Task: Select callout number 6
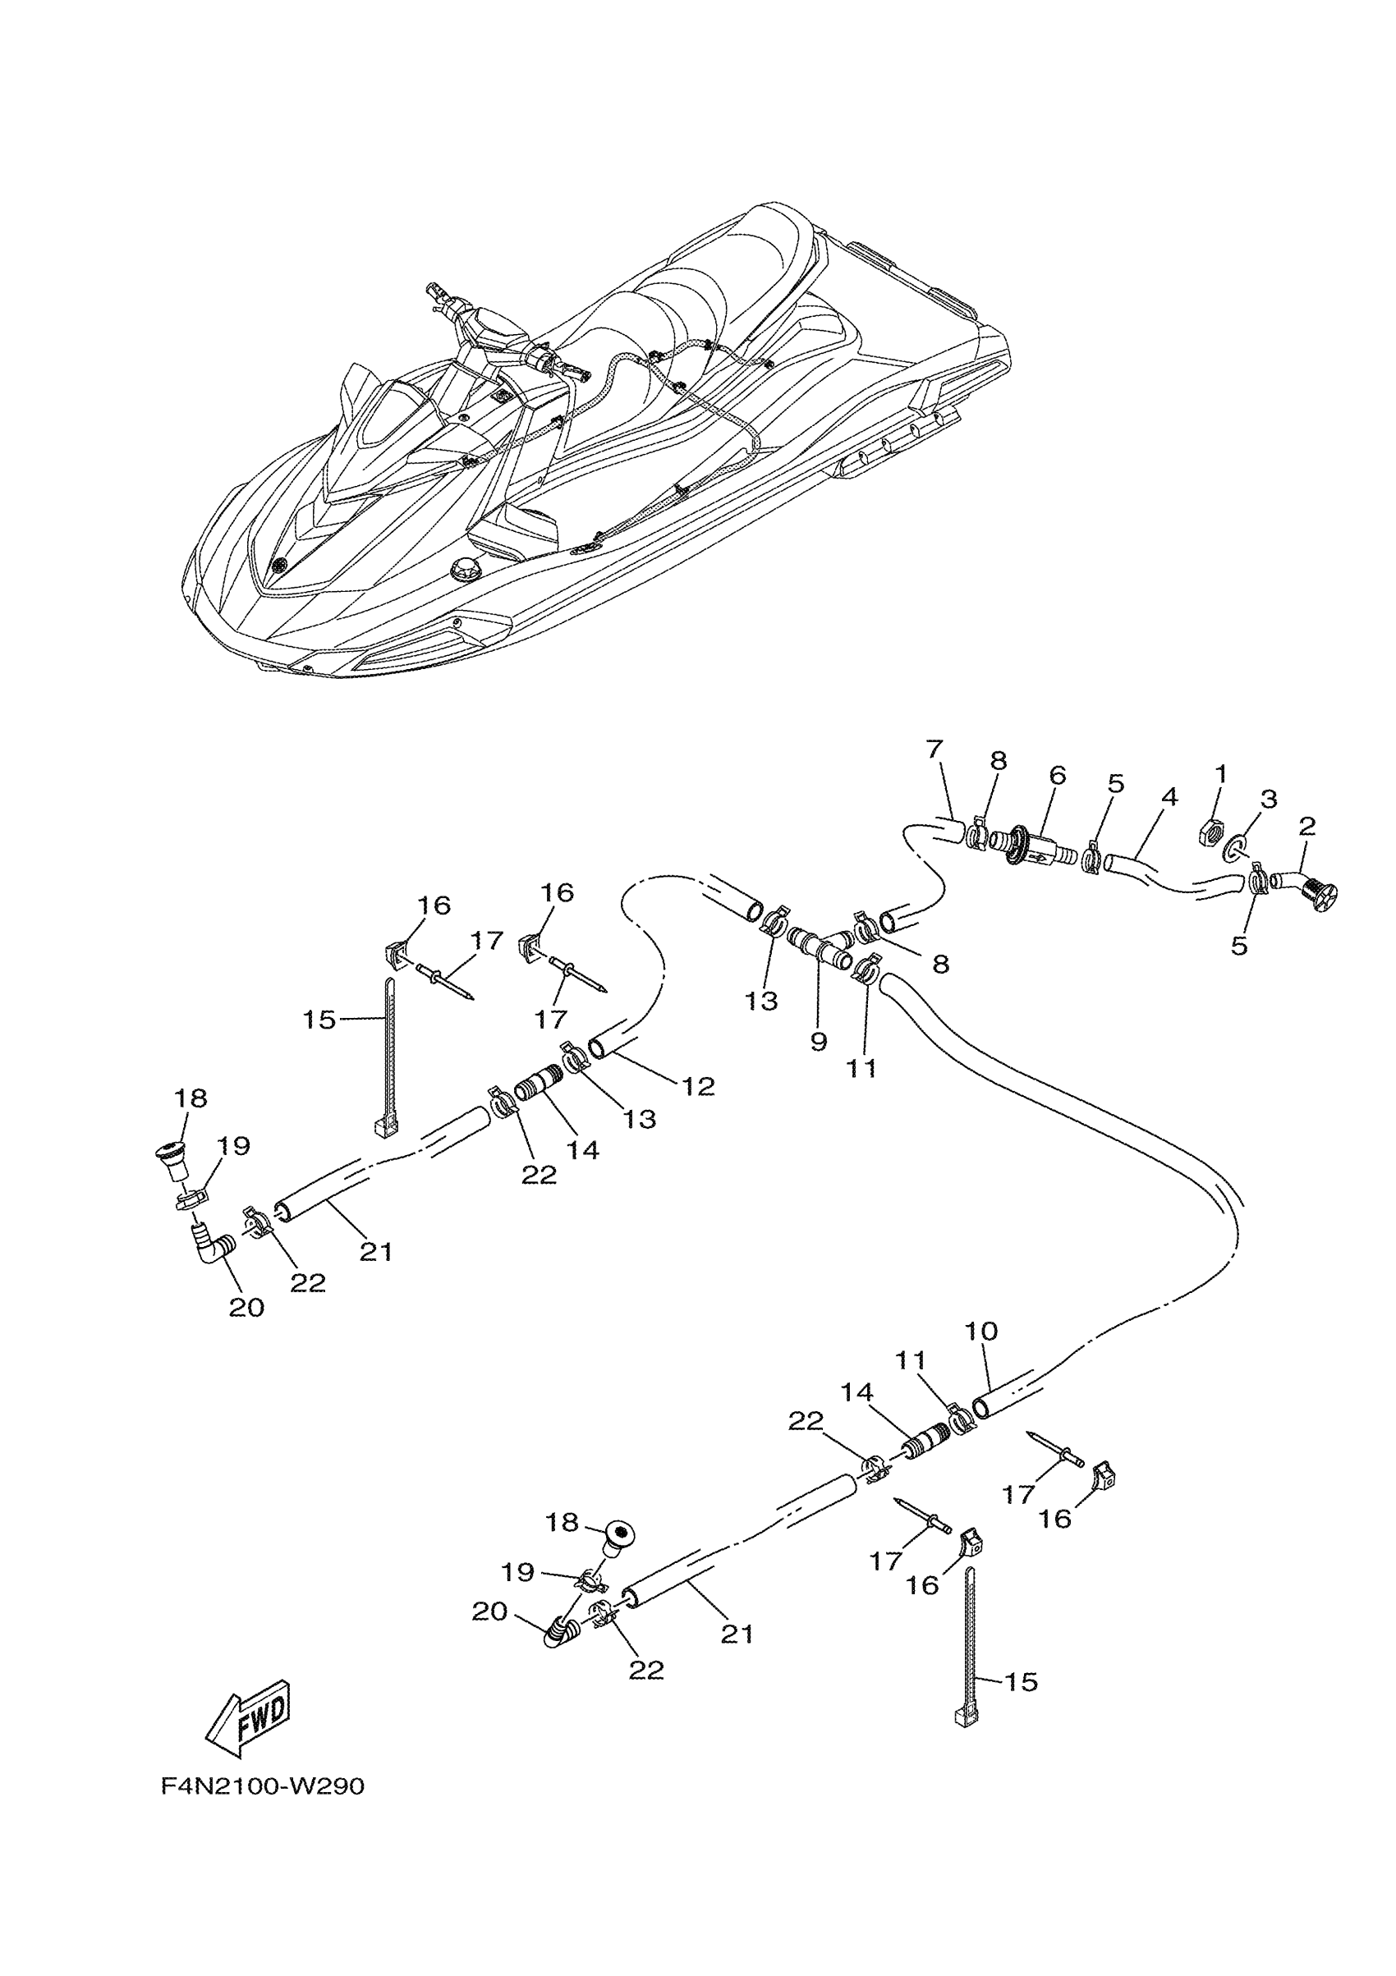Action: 1058,775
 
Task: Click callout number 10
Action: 981,1332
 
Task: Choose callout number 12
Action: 698,1086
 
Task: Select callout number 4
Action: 1168,797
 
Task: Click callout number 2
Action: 1307,826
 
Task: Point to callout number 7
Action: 935,749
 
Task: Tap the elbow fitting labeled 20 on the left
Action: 212,1248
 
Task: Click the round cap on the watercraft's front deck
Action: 465,570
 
